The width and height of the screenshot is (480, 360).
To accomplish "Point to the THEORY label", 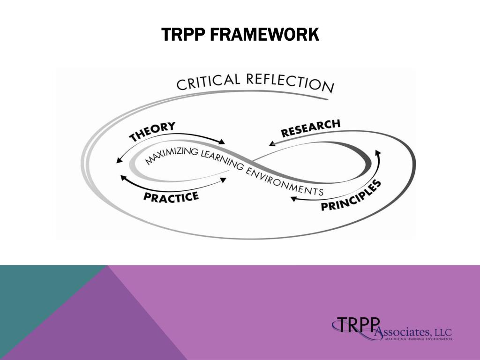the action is (x=152, y=132).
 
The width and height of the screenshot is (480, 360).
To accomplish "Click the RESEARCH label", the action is (x=310, y=128).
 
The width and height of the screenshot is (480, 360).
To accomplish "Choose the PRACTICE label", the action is (x=171, y=197).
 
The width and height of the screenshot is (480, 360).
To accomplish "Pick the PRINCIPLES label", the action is (x=351, y=196).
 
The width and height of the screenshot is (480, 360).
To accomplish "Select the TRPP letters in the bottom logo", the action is (x=355, y=324).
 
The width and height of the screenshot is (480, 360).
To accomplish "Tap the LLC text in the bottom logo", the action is (x=442, y=332).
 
